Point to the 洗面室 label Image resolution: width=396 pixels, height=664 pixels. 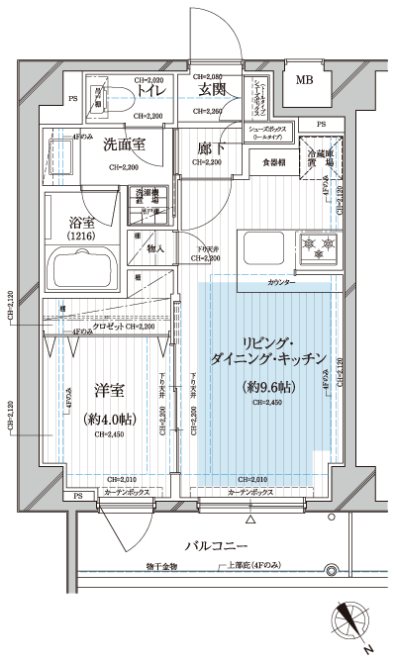pyautogui.click(x=124, y=144)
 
